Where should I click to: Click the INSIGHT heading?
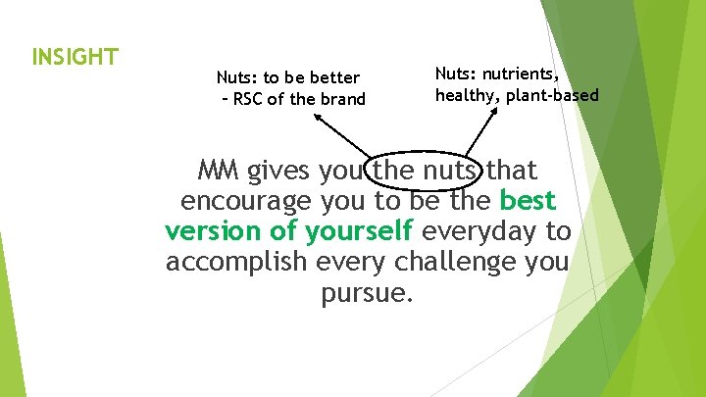(76, 56)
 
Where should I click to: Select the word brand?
(342, 98)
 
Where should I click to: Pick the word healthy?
(467, 95)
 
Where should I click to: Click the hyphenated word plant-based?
(552, 95)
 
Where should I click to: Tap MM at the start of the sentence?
(219, 172)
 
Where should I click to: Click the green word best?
(528, 202)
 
